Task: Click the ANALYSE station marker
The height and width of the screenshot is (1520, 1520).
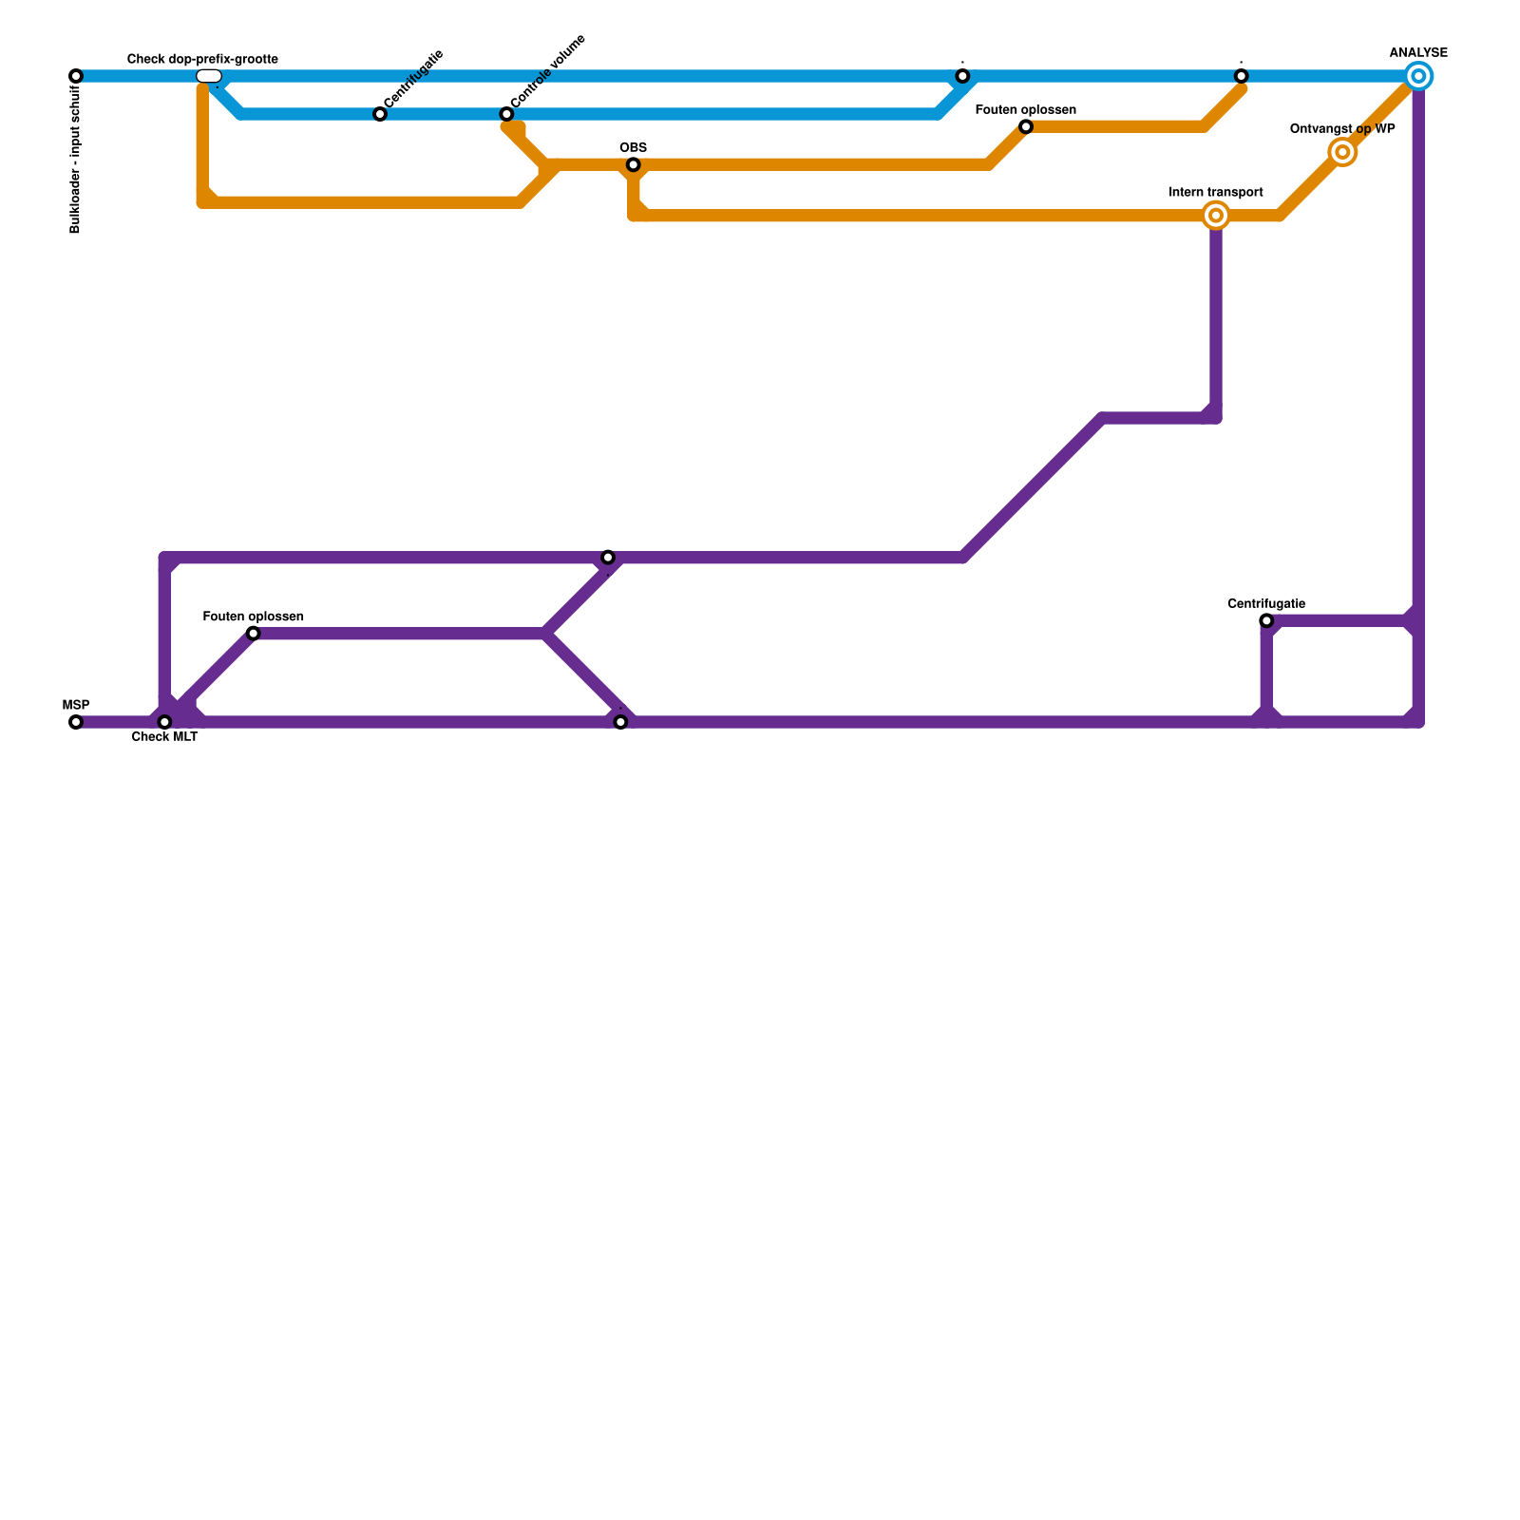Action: pyautogui.click(x=1418, y=76)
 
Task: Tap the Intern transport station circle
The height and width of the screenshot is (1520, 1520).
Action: pyautogui.click(x=1216, y=216)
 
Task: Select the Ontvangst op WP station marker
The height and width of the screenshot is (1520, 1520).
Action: pyautogui.click(x=1342, y=152)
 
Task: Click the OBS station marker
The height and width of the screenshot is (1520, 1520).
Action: pyautogui.click(x=634, y=165)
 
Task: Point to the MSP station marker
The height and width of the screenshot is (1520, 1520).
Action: pyautogui.click(x=76, y=723)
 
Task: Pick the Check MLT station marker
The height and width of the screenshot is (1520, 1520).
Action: pyautogui.click(x=164, y=723)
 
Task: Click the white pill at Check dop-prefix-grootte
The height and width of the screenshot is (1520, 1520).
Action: pyautogui.click(x=209, y=76)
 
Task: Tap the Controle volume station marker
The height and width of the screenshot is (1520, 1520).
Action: pyautogui.click(x=506, y=115)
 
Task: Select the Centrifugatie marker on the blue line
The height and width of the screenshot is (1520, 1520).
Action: pyautogui.click(x=380, y=115)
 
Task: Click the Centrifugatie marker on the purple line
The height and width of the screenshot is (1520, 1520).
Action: pyautogui.click(x=1266, y=621)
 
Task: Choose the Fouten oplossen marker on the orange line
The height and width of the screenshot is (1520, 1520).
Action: pyautogui.click(x=1026, y=127)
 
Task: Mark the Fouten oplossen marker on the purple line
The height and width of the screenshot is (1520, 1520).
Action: pyautogui.click(x=254, y=634)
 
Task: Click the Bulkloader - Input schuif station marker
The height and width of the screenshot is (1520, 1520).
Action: pyautogui.click(x=76, y=76)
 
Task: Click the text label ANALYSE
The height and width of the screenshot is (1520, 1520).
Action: pyautogui.click(x=1418, y=53)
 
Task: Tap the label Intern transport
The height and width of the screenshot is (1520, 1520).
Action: pyautogui.click(x=1216, y=193)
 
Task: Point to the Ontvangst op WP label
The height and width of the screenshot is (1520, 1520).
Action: pyautogui.click(x=1342, y=129)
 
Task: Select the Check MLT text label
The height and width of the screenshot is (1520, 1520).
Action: pyautogui.click(x=164, y=737)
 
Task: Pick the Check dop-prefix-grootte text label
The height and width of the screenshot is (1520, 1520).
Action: pyautogui.click(x=202, y=60)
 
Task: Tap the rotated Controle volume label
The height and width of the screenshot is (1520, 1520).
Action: pyautogui.click(x=548, y=71)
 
